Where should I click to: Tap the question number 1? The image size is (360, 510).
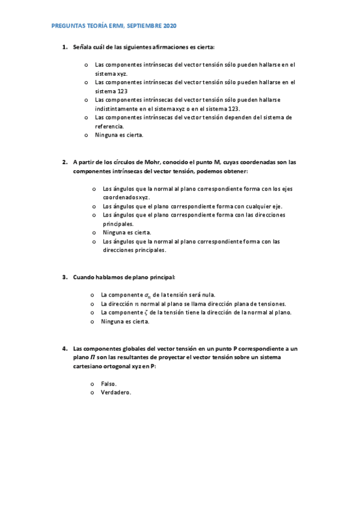coord(64,46)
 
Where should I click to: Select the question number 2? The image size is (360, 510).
coord(64,162)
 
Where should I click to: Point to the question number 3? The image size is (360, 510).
coord(64,277)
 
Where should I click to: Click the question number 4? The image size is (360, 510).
coord(64,348)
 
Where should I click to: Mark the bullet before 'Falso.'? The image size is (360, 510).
coord(92,384)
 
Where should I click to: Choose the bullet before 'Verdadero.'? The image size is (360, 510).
coord(92,393)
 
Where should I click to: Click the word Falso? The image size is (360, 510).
coord(109,384)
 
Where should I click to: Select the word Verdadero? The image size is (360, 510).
coord(116,393)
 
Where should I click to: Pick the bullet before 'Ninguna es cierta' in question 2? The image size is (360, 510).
coord(94,232)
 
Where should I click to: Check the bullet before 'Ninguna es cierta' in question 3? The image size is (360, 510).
coord(92,322)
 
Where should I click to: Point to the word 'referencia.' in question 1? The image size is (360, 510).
coord(110,126)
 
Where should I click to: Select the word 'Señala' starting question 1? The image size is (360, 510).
coord(82,46)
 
